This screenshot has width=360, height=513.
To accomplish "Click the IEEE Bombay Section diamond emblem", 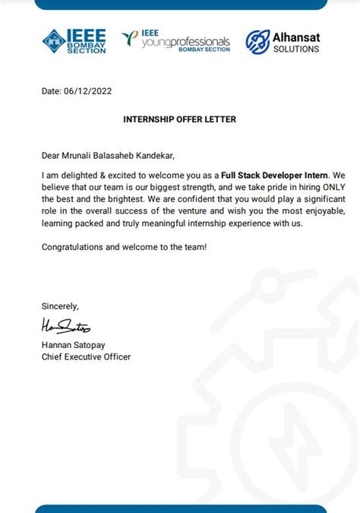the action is click(54, 41).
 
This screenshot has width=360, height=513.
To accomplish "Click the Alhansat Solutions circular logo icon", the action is click(257, 42).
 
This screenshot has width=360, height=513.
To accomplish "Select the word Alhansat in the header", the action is click(297, 36).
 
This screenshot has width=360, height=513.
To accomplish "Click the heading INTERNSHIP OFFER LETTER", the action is click(179, 119).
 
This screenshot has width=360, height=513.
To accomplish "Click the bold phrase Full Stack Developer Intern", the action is click(274, 174).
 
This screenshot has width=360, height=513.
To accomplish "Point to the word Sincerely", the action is click(60, 306).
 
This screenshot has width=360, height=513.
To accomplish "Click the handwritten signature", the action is click(65, 327).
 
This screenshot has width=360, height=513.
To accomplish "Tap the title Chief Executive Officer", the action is click(86, 356).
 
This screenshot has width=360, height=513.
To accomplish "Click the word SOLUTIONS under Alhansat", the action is click(297, 49).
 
